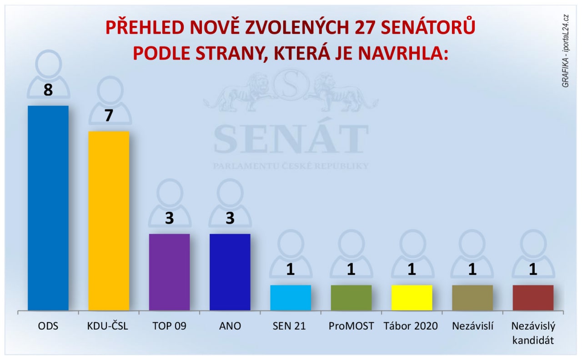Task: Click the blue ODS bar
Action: tap(48, 208)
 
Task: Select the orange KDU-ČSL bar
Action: tap(109, 221)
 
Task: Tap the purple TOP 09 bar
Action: tap(170, 272)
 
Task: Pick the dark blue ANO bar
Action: tap(230, 272)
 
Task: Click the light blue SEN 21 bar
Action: tap(291, 298)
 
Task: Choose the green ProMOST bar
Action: tap(351, 298)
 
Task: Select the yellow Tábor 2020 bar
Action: tap(412, 298)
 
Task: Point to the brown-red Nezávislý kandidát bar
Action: tap(533, 298)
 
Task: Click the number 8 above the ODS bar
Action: tap(48, 90)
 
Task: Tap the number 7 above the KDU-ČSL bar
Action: tap(109, 115)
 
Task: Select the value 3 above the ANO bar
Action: tap(230, 218)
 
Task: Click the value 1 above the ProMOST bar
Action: tap(351, 270)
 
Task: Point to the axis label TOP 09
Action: tap(169, 326)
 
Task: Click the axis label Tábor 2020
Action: tap(411, 326)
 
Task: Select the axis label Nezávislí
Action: tap(472, 326)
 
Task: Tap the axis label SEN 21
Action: tap(289, 326)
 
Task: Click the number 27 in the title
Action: tap(365, 27)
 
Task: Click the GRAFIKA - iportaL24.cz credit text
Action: tap(565, 51)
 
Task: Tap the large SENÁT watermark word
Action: tap(291, 139)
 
